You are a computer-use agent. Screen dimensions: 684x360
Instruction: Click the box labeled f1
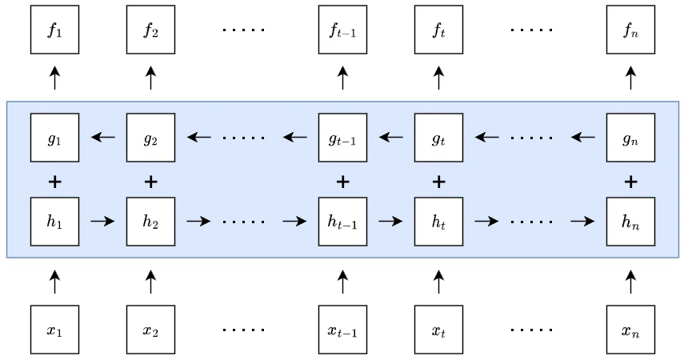(54, 30)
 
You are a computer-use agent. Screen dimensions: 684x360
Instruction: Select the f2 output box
(150, 30)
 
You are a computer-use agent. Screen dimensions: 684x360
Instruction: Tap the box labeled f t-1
(342, 30)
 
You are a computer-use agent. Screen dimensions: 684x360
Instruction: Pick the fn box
(630, 30)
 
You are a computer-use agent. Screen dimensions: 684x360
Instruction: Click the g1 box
(54, 138)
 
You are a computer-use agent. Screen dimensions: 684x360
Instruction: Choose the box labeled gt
(438, 138)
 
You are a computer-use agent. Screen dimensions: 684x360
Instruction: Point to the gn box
(630, 138)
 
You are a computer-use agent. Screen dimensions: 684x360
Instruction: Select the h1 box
(54, 222)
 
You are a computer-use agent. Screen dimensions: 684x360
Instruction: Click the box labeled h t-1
(342, 222)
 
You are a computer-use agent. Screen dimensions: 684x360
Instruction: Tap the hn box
(630, 222)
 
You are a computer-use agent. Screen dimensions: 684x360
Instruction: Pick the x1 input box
(54, 330)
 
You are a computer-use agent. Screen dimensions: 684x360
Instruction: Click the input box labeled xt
(438, 330)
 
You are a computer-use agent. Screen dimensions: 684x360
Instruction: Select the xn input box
(630, 330)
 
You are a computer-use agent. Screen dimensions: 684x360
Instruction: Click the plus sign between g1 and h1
(54, 182)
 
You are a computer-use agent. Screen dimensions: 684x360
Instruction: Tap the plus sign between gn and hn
(630, 182)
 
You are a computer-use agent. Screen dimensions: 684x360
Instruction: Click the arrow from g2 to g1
(103, 138)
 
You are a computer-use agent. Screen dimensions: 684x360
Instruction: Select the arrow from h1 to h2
(102, 222)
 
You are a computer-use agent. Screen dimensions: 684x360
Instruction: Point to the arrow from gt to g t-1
(391, 138)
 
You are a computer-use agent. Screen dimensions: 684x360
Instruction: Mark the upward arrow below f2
(150, 78)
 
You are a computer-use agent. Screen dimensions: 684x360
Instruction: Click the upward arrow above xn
(630, 282)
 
